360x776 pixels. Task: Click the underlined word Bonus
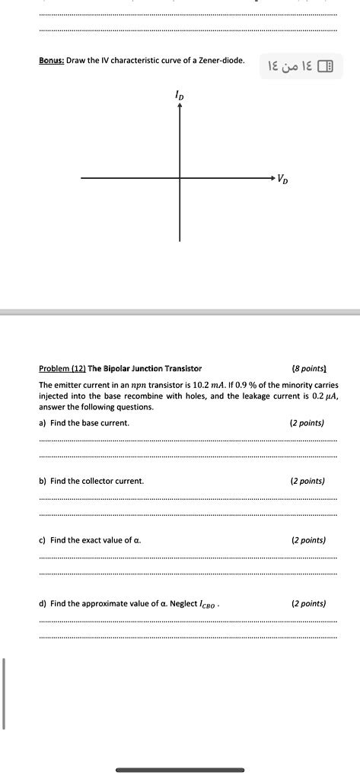[51, 60]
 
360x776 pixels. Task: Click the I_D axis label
[180, 97]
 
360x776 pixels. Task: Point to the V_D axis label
[282, 180]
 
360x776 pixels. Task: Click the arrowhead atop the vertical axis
[180, 107]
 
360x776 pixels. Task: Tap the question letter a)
[43, 423]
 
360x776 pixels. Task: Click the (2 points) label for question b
[307, 482]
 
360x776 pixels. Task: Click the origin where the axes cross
[180, 178]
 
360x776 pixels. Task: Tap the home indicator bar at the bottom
[180, 770]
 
